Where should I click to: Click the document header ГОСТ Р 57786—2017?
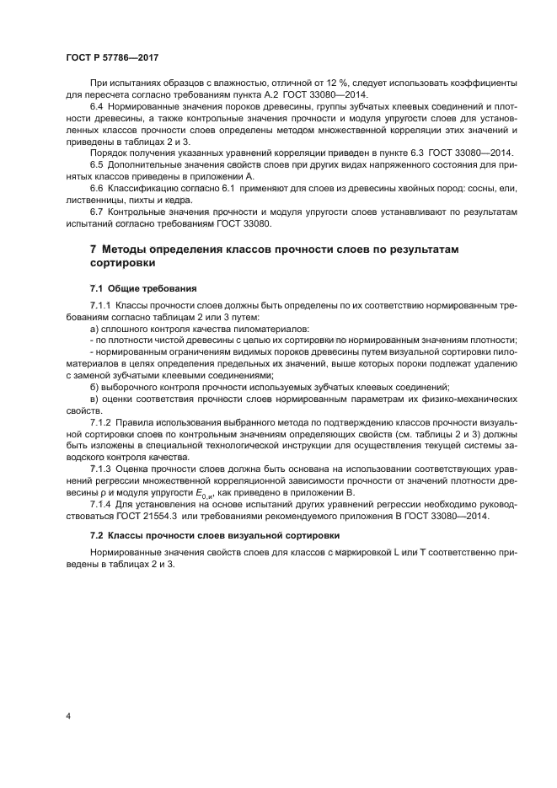click(x=112, y=57)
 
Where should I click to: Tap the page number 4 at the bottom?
click(x=67, y=716)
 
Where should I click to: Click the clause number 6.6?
click(x=96, y=190)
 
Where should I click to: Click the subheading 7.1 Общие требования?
click(x=143, y=288)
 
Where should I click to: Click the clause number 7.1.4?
click(x=99, y=507)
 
